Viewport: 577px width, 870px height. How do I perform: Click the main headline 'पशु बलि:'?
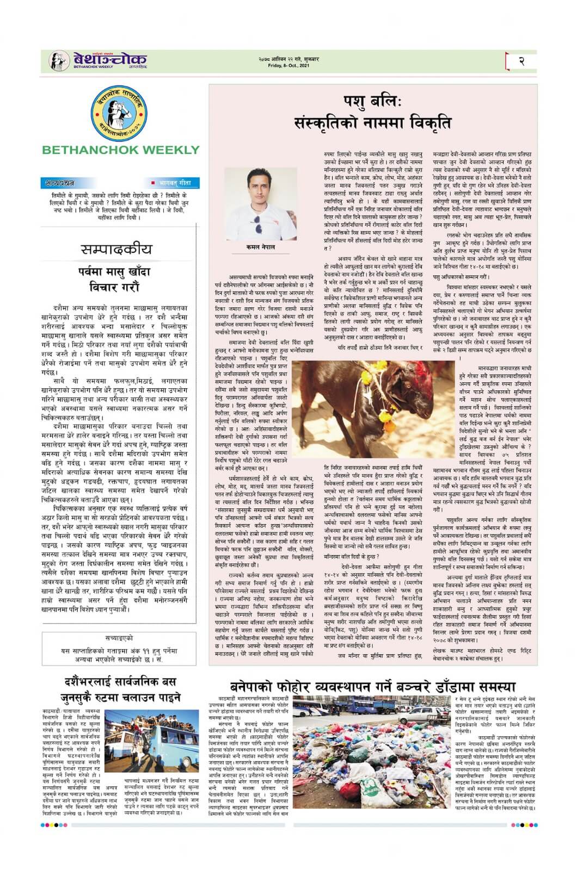(373, 102)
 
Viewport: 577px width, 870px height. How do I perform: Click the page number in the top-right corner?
(521, 61)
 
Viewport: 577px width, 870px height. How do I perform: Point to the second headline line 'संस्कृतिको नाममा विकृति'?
(373, 123)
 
